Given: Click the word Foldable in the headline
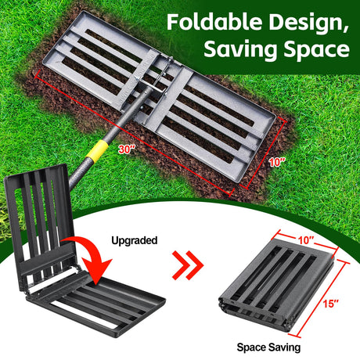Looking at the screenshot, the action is (x=214, y=22).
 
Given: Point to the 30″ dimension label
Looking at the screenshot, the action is (x=127, y=149).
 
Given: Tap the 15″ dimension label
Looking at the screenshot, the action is (x=330, y=304).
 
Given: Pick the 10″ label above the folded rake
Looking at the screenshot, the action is (x=304, y=240).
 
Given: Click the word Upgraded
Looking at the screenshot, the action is (x=135, y=240).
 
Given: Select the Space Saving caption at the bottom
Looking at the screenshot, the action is (x=268, y=347).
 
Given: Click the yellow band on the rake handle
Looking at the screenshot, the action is (x=96, y=151).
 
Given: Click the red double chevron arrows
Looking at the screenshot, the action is (x=188, y=265).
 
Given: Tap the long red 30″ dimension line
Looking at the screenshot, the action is (x=134, y=134).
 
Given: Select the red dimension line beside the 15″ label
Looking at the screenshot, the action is (x=322, y=299).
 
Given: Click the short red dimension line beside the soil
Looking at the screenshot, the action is (x=263, y=153).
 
